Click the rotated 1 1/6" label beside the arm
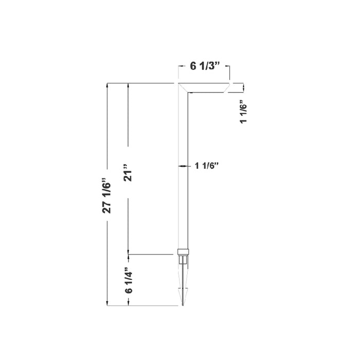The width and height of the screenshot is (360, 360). tap(244, 111)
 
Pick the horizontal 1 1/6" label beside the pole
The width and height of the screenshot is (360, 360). tap(207, 166)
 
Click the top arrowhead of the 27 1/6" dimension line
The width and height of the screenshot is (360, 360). tap(107, 86)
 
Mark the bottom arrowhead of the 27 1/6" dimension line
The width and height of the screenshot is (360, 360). tap(107, 303)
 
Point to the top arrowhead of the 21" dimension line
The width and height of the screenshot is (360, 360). tap(129, 86)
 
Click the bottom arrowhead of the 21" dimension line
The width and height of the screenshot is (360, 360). tap(129, 251)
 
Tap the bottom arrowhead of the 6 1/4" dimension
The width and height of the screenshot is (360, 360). tap(129, 303)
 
